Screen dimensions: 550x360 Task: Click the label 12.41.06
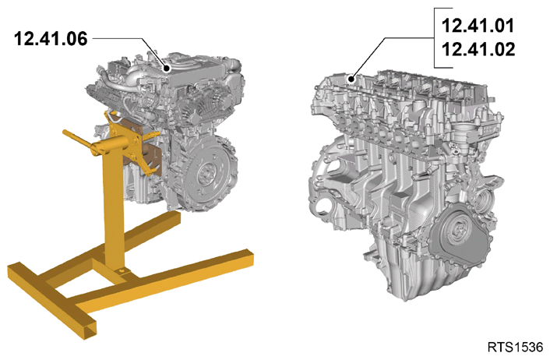51,38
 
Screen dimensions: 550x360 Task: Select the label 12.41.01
478,26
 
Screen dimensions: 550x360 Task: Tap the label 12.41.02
478,49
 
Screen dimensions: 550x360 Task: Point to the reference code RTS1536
515,347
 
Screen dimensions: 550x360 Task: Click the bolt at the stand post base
122,270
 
